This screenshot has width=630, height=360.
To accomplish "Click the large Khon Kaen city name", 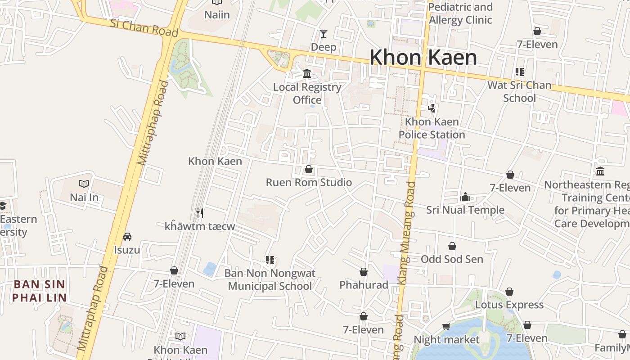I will (423, 58).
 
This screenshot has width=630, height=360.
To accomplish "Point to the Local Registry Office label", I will (307, 94).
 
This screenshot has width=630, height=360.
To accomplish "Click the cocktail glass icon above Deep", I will (323, 34).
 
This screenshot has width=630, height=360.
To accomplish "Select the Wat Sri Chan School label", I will (519, 91).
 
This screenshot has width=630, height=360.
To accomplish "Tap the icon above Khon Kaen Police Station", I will (432, 108).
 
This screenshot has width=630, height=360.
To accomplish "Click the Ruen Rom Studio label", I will (309, 182).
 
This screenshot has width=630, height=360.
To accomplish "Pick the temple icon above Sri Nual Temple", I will (465, 197).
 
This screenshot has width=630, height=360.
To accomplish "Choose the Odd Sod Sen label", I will (452, 259).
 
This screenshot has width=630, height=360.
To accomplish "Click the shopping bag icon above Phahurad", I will (364, 272).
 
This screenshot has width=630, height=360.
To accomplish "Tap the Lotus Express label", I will (509, 305).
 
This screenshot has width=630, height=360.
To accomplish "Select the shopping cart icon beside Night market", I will (446, 326).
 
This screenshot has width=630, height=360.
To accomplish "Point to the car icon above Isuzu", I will (127, 237).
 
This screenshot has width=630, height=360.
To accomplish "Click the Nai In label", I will (84, 197).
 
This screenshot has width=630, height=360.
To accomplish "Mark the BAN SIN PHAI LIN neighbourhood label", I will (39, 291).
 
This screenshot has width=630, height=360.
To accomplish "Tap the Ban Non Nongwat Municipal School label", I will (270, 279).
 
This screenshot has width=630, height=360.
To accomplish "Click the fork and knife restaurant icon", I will (200, 213).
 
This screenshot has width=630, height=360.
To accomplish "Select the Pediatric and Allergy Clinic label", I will (460, 13).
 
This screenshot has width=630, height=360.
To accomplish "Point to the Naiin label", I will (217, 15).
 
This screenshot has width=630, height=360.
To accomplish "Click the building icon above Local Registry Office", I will (307, 74).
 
